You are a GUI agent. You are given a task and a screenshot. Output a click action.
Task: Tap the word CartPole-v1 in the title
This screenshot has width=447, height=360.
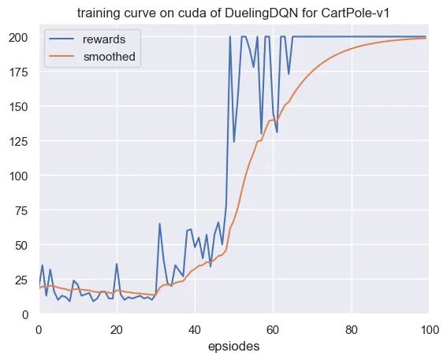click(x=355, y=13)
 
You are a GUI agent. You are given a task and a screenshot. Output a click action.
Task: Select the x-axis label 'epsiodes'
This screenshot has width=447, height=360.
click(x=234, y=347)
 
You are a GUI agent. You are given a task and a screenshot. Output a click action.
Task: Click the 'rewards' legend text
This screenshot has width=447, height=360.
click(x=104, y=39)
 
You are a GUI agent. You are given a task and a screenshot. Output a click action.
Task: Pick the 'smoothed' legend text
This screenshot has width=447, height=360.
click(x=109, y=57)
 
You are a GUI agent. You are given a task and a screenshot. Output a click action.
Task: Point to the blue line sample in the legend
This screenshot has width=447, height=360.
click(x=61, y=39)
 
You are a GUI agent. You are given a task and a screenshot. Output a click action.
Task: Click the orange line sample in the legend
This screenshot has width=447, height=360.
click(x=61, y=56)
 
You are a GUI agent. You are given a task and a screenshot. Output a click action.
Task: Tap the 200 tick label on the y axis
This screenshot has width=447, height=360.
click(x=19, y=37)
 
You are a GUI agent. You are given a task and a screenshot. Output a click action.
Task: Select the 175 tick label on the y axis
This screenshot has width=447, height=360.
click(x=19, y=72)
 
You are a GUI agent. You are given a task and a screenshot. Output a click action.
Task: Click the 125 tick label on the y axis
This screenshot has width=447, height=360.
click(x=19, y=141)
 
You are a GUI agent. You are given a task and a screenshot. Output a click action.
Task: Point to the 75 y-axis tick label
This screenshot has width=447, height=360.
click(x=22, y=211)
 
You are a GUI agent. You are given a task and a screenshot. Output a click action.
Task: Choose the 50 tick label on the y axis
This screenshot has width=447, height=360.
click(x=22, y=245)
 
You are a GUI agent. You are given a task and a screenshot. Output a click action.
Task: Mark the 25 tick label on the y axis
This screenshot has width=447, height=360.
click(x=22, y=280)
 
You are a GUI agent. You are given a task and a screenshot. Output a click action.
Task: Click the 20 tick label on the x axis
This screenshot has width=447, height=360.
click(x=117, y=330)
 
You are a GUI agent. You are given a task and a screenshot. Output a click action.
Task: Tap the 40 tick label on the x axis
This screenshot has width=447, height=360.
click(x=195, y=330)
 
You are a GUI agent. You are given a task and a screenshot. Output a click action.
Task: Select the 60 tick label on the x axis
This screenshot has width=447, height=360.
click(x=273, y=330)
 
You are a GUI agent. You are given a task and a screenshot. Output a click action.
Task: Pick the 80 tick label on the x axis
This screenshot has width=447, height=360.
click(x=352, y=330)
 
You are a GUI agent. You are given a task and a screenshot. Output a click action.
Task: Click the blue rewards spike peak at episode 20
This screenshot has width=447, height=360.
click(x=117, y=264)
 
